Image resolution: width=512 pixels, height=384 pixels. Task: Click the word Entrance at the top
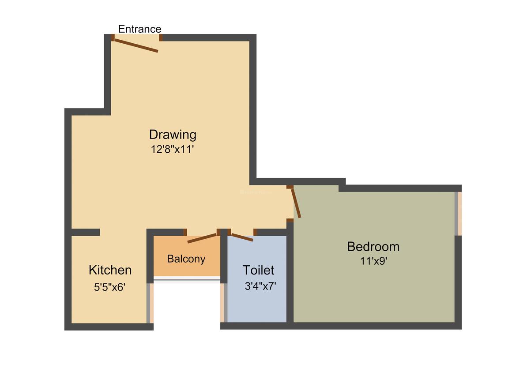[x=139, y=29]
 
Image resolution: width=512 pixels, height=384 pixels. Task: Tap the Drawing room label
[x=173, y=134]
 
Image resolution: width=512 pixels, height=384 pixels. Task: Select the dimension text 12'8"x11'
[x=173, y=149]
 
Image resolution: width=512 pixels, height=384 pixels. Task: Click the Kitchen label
[x=110, y=270]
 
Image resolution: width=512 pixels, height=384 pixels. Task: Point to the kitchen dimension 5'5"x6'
[x=110, y=287]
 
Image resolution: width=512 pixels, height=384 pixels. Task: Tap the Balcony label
[x=186, y=259]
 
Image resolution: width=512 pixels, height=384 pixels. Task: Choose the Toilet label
[x=258, y=270]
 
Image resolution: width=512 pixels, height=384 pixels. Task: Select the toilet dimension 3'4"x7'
[x=260, y=286]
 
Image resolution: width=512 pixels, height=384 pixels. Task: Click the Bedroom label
[x=373, y=246]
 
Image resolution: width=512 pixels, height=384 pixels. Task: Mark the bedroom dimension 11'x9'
[x=373, y=261]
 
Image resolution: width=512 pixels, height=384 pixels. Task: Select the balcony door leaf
[x=202, y=238]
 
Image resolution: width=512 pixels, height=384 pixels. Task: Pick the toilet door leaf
[x=241, y=237]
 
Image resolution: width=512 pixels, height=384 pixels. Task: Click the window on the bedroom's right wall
[x=458, y=214]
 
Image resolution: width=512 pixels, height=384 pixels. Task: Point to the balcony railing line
[x=186, y=279]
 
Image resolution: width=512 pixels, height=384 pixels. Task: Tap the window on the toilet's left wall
[x=224, y=303]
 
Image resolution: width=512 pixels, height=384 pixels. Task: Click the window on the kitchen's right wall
[x=150, y=303]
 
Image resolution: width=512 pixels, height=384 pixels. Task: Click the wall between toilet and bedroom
[x=290, y=274]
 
